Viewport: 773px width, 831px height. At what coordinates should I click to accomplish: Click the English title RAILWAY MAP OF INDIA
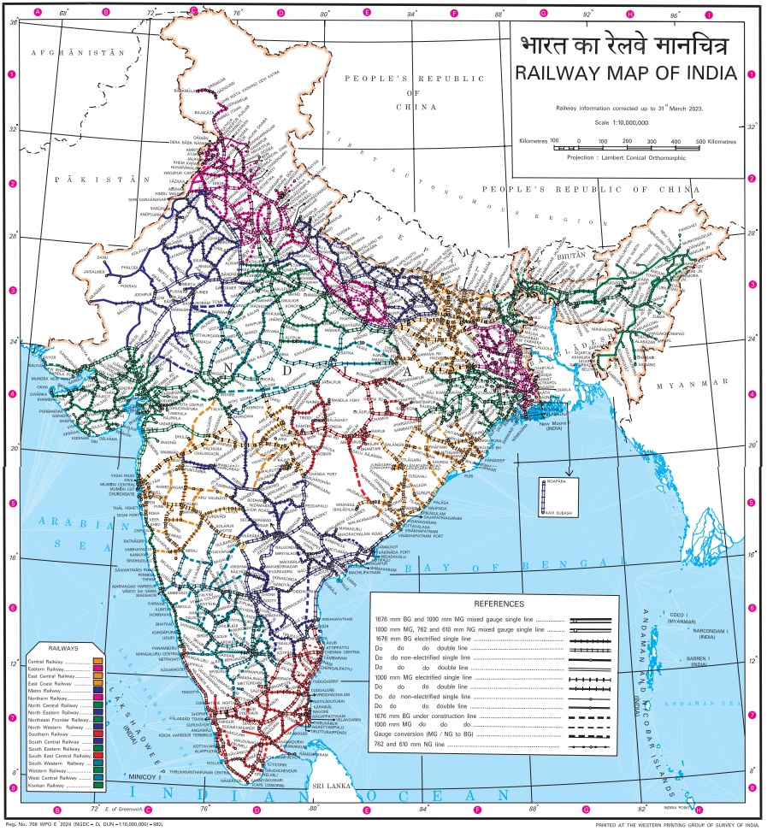625,74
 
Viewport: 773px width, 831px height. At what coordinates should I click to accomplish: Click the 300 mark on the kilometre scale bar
652,141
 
